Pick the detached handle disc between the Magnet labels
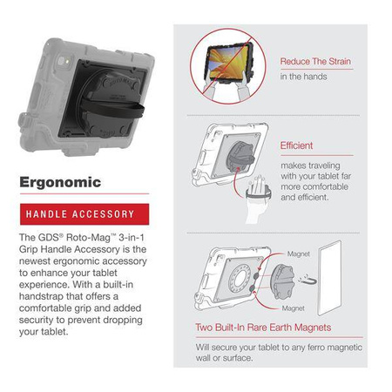280,280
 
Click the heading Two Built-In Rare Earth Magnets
265,329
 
